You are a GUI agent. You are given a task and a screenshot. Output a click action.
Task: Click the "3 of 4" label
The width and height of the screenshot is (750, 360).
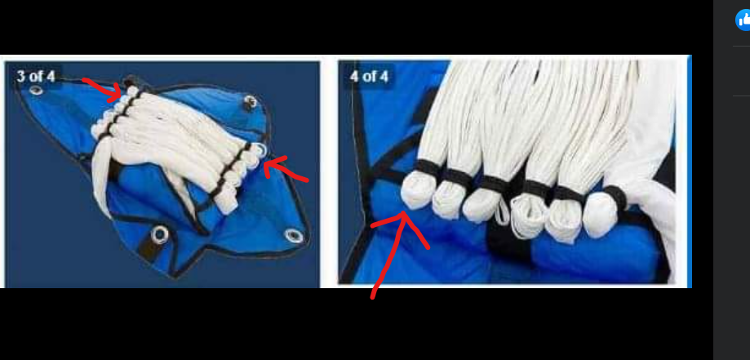click(x=35, y=76)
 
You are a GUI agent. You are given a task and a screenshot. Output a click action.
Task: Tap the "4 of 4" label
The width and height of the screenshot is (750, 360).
click(x=369, y=76)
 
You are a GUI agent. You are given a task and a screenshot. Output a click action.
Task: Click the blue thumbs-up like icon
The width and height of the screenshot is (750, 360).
click(x=743, y=20)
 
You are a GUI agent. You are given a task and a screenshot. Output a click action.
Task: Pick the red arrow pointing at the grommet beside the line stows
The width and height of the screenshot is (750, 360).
click(x=285, y=171)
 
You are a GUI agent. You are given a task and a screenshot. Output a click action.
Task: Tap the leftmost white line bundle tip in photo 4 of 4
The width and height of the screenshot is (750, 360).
click(x=415, y=190)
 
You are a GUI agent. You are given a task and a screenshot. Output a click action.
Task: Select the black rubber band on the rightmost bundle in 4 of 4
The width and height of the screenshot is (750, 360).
click(x=616, y=197)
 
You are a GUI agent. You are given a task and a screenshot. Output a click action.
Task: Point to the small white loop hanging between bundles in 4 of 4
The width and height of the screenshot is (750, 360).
click(x=501, y=214)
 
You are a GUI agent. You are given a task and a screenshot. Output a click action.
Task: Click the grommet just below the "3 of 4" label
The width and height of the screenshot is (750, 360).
click(x=35, y=90)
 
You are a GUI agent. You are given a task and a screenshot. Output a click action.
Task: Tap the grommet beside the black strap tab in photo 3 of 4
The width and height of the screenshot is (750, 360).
click(x=160, y=234)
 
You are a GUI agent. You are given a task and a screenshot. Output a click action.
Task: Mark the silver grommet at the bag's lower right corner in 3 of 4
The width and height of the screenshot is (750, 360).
click(x=294, y=236)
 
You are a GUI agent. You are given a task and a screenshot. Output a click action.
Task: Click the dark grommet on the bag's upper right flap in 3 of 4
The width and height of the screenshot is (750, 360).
click(x=249, y=102)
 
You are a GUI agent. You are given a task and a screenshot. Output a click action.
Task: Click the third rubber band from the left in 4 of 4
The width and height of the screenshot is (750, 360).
click(x=495, y=184)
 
